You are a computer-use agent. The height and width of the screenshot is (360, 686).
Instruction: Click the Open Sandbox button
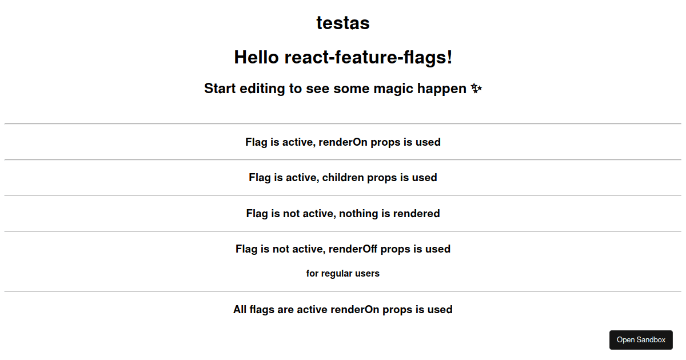(x=641, y=340)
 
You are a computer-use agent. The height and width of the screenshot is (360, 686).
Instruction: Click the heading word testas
(x=343, y=23)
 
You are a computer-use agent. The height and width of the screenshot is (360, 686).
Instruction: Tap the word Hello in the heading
(x=256, y=57)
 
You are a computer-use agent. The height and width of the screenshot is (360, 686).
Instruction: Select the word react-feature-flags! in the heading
(x=368, y=58)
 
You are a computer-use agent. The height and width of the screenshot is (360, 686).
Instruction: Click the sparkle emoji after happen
(x=476, y=89)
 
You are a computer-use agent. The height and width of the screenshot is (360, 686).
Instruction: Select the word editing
(x=262, y=89)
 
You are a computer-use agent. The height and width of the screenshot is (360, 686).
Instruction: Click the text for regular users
(x=342, y=273)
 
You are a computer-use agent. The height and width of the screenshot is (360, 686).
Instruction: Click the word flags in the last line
(x=262, y=310)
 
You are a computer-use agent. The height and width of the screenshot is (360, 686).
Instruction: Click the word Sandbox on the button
(x=652, y=340)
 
